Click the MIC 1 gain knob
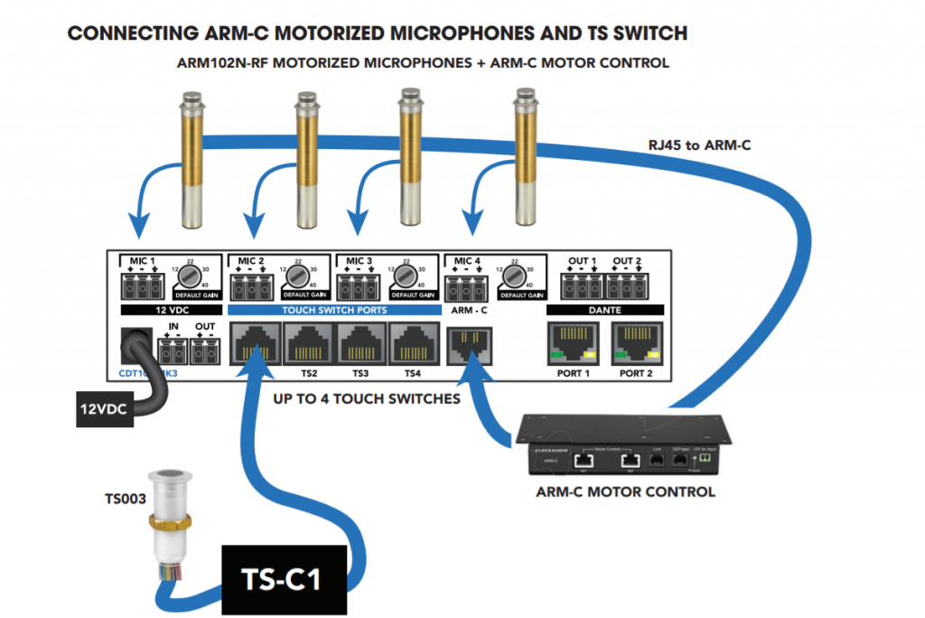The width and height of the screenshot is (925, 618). [x=189, y=275]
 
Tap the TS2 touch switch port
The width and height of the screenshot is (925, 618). [x=310, y=344]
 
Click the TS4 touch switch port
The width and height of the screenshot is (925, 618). [x=413, y=344]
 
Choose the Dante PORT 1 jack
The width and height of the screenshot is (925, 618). [x=573, y=344]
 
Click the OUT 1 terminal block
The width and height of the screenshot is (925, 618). [x=582, y=286]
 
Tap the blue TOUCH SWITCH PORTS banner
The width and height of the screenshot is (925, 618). [x=336, y=310]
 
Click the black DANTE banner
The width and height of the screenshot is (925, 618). [x=604, y=310]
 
